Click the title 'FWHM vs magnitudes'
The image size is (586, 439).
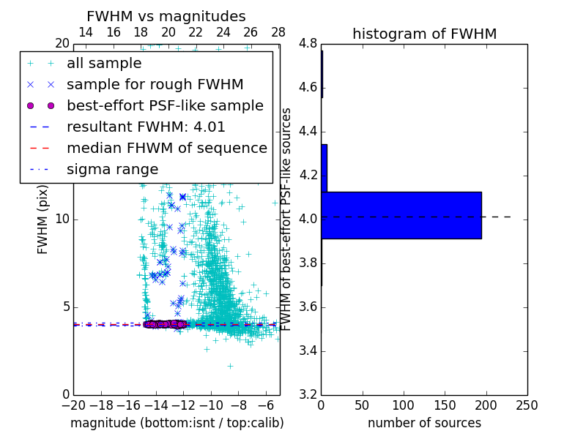click(166, 16)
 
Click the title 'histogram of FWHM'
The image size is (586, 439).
click(424, 34)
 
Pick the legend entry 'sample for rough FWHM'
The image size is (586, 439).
click(155, 85)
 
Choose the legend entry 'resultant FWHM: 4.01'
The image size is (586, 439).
click(146, 127)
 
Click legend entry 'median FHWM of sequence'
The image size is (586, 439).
click(166, 149)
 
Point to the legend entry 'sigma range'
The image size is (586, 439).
click(112, 170)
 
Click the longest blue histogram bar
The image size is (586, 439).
click(401, 215)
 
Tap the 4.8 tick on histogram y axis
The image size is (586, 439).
click(308, 43)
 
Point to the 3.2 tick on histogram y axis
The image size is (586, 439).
click(308, 394)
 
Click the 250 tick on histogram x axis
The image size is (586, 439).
click(527, 405)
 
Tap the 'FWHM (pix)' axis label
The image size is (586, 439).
click(43, 219)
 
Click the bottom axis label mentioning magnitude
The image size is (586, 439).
click(177, 423)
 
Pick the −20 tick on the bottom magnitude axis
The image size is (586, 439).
click(73, 405)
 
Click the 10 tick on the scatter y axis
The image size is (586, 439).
click(62, 219)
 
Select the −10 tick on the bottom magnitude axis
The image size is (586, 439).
click(211, 405)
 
